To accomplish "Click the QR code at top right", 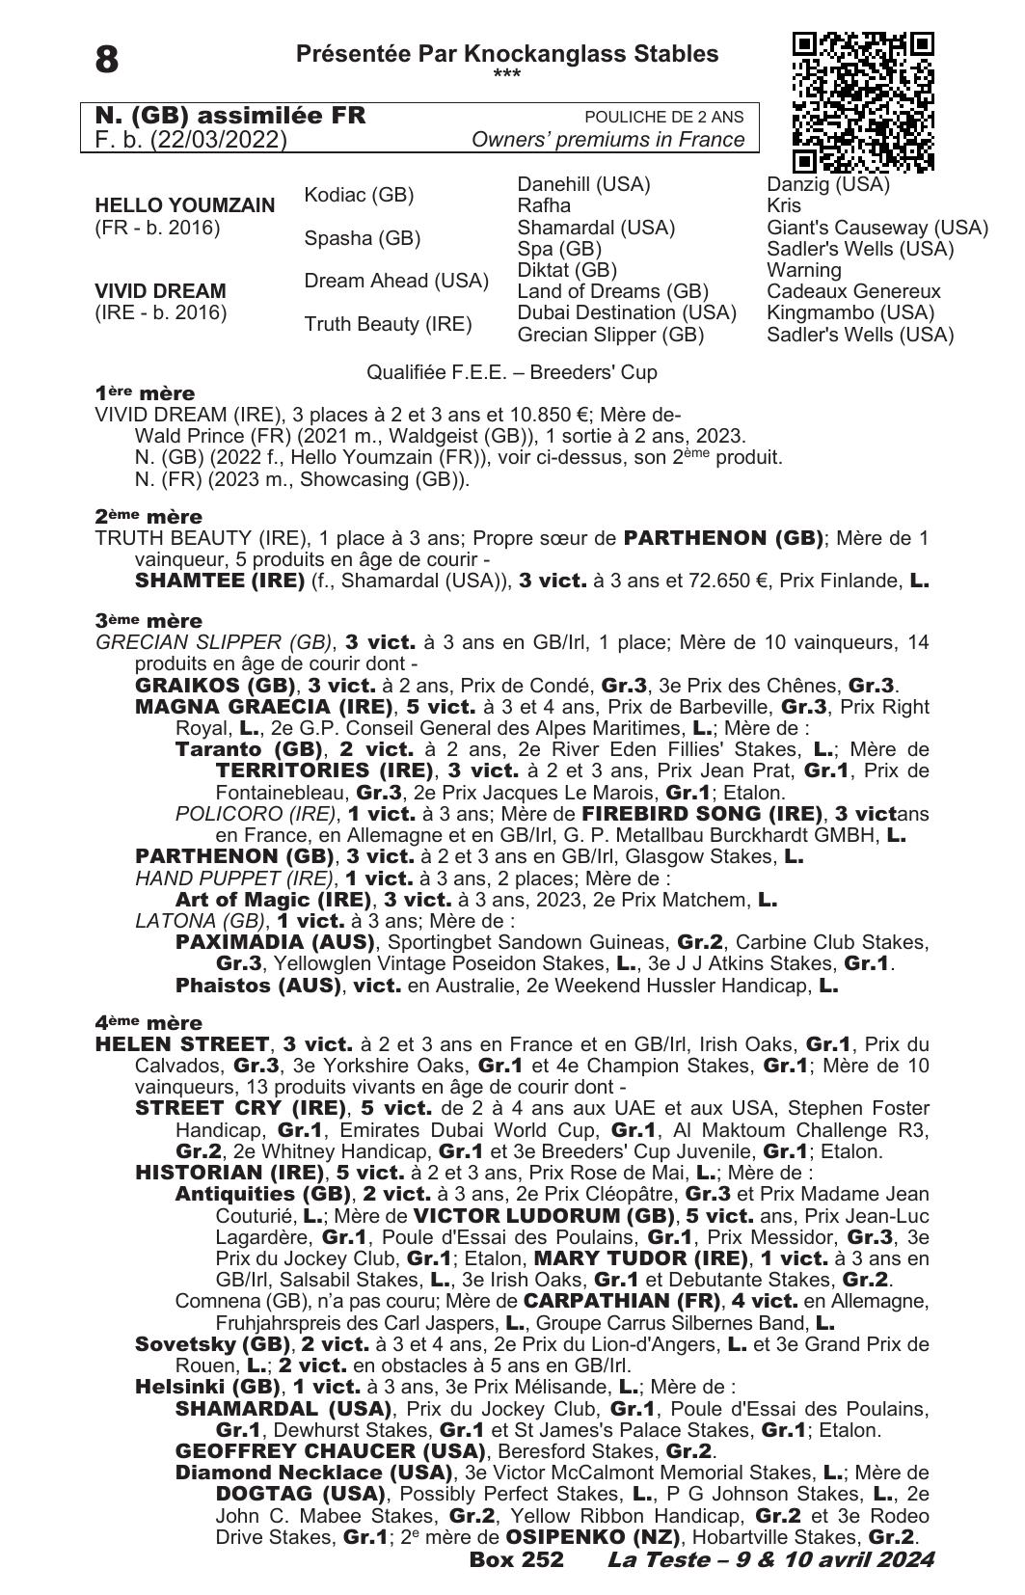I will (x=863, y=102).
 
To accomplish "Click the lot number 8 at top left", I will (x=107, y=60).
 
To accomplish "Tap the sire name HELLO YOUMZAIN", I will (x=184, y=205).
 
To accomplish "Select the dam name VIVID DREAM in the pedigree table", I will (x=160, y=290).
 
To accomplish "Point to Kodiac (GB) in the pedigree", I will (x=359, y=195).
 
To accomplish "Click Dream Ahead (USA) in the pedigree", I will (x=396, y=281).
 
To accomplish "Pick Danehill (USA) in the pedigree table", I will (x=583, y=184).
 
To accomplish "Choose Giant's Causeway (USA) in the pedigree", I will (x=877, y=228).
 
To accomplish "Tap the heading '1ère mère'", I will (x=145, y=393).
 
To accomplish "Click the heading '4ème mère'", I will (x=148, y=1022).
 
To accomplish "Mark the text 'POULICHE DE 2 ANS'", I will (x=664, y=117).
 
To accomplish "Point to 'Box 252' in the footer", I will (x=516, y=1559).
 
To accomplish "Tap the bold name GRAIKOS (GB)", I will (x=215, y=686).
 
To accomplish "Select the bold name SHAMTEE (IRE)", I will (x=218, y=581).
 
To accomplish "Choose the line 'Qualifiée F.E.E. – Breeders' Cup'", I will (x=512, y=372).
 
